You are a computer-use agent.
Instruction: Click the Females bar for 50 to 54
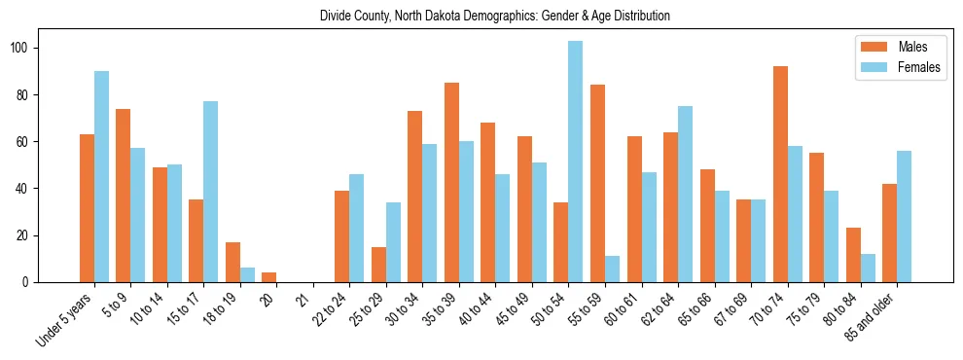click(576, 162)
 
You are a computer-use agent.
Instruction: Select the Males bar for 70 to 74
click(780, 174)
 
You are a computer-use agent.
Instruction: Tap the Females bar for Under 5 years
click(101, 176)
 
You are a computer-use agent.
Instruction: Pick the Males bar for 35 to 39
click(451, 182)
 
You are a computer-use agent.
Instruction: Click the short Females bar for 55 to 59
click(612, 270)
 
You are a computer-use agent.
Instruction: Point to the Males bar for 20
click(269, 277)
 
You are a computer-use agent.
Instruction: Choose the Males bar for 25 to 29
click(378, 265)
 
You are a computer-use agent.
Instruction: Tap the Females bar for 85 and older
click(904, 217)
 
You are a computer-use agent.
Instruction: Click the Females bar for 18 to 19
click(247, 275)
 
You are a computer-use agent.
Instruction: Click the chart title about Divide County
click(494, 17)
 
